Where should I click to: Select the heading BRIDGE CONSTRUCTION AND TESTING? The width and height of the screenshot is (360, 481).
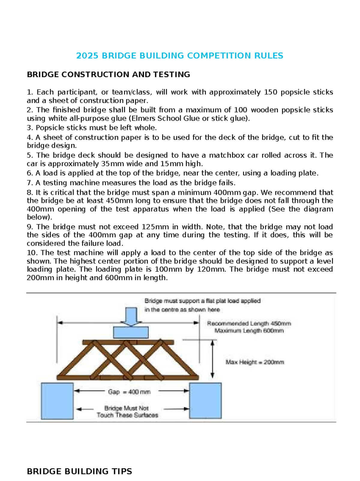(108, 74)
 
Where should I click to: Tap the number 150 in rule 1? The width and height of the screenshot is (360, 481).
(270, 92)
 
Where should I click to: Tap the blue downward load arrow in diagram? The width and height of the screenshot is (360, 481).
(131, 316)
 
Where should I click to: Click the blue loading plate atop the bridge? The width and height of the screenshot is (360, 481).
(131, 332)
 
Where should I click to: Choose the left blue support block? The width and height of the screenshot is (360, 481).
(57, 401)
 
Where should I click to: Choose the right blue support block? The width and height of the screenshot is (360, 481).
(205, 401)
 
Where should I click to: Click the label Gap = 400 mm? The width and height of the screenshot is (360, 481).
(129, 392)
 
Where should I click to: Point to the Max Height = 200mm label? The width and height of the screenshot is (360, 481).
(255, 362)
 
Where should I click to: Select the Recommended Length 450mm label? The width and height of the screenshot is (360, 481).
(249, 323)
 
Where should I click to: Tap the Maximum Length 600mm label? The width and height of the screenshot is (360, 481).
(249, 331)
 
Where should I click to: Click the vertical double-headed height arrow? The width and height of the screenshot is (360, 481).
(212, 359)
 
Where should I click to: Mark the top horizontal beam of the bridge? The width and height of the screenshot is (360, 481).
(128, 342)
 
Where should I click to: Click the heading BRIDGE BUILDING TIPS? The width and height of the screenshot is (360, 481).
(79, 471)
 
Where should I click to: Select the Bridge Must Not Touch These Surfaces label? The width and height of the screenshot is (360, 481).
(127, 412)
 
